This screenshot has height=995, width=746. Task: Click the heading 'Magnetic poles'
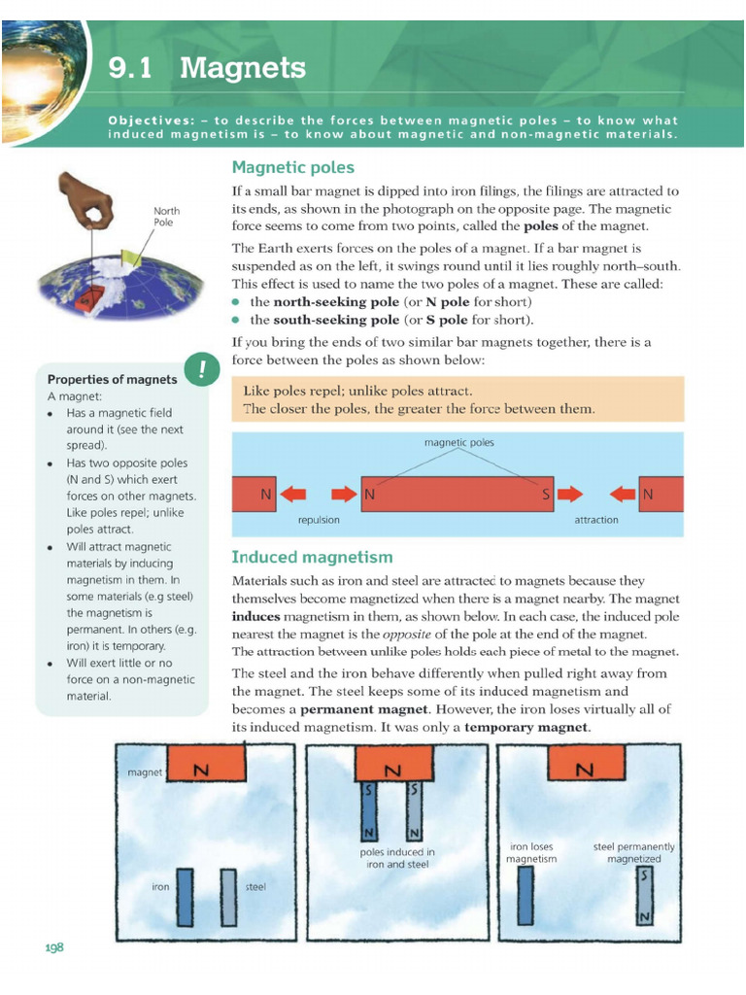click(x=293, y=167)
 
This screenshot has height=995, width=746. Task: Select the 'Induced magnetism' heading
click(x=312, y=557)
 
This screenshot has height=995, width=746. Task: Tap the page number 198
click(x=54, y=947)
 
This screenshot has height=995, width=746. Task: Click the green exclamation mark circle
click(x=202, y=368)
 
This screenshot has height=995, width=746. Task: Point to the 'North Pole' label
click(x=166, y=217)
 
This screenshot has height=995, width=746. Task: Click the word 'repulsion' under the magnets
click(x=319, y=520)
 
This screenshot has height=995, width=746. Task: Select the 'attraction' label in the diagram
click(x=596, y=520)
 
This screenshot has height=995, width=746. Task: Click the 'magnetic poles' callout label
click(x=459, y=442)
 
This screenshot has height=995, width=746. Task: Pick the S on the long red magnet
click(x=546, y=494)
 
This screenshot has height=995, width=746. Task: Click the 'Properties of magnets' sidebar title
click(x=113, y=380)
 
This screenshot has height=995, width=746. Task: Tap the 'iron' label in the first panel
click(x=160, y=886)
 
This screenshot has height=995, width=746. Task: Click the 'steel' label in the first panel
click(x=255, y=886)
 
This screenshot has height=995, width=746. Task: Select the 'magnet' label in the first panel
click(x=145, y=772)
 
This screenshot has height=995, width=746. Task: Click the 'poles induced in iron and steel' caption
click(x=397, y=858)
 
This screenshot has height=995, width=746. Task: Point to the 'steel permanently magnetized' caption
click(x=633, y=852)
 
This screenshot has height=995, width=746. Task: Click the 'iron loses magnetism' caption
click(x=531, y=852)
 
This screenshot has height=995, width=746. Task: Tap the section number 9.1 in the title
click(x=130, y=68)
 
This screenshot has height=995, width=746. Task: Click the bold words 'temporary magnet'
click(x=526, y=727)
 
